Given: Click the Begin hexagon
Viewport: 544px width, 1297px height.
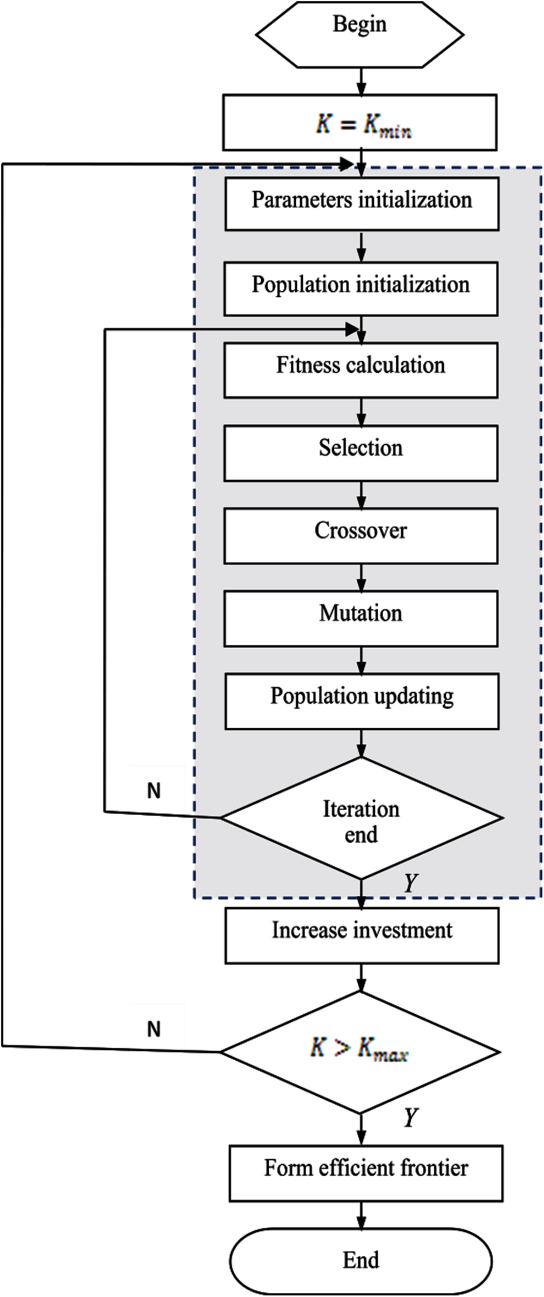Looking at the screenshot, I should pyautogui.click(x=360, y=35).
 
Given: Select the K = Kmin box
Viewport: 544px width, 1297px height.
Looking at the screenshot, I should pyautogui.click(x=360, y=123).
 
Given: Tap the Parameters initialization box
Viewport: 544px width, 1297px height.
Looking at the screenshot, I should pyautogui.click(x=362, y=205).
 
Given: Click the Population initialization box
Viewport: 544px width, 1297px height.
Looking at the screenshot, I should pyautogui.click(x=361, y=289).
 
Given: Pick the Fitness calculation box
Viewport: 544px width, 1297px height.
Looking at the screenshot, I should pyautogui.click(x=361, y=370).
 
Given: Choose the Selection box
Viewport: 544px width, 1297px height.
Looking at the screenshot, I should pyautogui.click(x=361, y=453).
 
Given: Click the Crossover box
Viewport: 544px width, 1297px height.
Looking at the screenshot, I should pyautogui.click(x=361, y=536).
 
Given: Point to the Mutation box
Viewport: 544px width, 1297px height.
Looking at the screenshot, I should pyautogui.click(x=361, y=618).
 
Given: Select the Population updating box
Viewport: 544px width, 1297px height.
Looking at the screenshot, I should pyautogui.click(x=362, y=701).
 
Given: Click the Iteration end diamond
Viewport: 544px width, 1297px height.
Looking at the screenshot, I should pyautogui.click(x=362, y=818).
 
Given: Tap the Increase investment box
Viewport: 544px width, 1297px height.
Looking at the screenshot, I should pyautogui.click(x=362, y=936).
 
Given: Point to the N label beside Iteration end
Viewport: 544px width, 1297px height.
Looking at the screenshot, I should pyautogui.click(x=154, y=791).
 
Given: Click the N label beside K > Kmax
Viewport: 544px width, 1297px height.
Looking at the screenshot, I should pyautogui.click(x=154, y=1028).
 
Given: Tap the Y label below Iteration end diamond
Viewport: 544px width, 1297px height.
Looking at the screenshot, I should pyautogui.click(x=411, y=884).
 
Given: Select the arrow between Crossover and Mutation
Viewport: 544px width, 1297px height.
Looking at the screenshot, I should pyautogui.click(x=361, y=577).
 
